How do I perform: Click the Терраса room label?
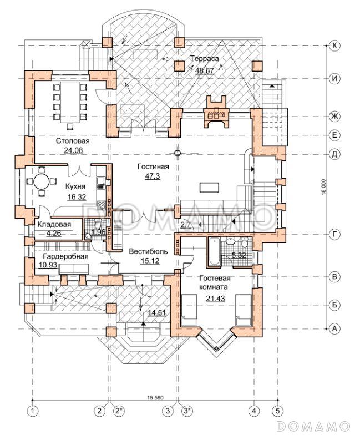click(x=204, y=59)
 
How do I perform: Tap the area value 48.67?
click(x=204, y=70)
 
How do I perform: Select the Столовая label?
click(x=73, y=141)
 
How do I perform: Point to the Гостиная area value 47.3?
click(x=153, y=176)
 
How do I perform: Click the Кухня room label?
click(x=75, y=186)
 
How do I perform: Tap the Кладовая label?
click(x=54, y=224)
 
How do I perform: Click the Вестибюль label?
click(x=149, y=251)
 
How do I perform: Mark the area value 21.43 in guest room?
click(x=215, y=299)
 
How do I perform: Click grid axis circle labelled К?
click(x=335, y=45)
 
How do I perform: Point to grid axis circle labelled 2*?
click(x=119, y=411)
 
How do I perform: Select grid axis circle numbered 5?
click(x=278, y=411)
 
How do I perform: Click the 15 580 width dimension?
click(x=155, y=398)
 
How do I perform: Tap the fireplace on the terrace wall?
click(x=216, y=112)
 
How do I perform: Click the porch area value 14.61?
click(x=156, y=313)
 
